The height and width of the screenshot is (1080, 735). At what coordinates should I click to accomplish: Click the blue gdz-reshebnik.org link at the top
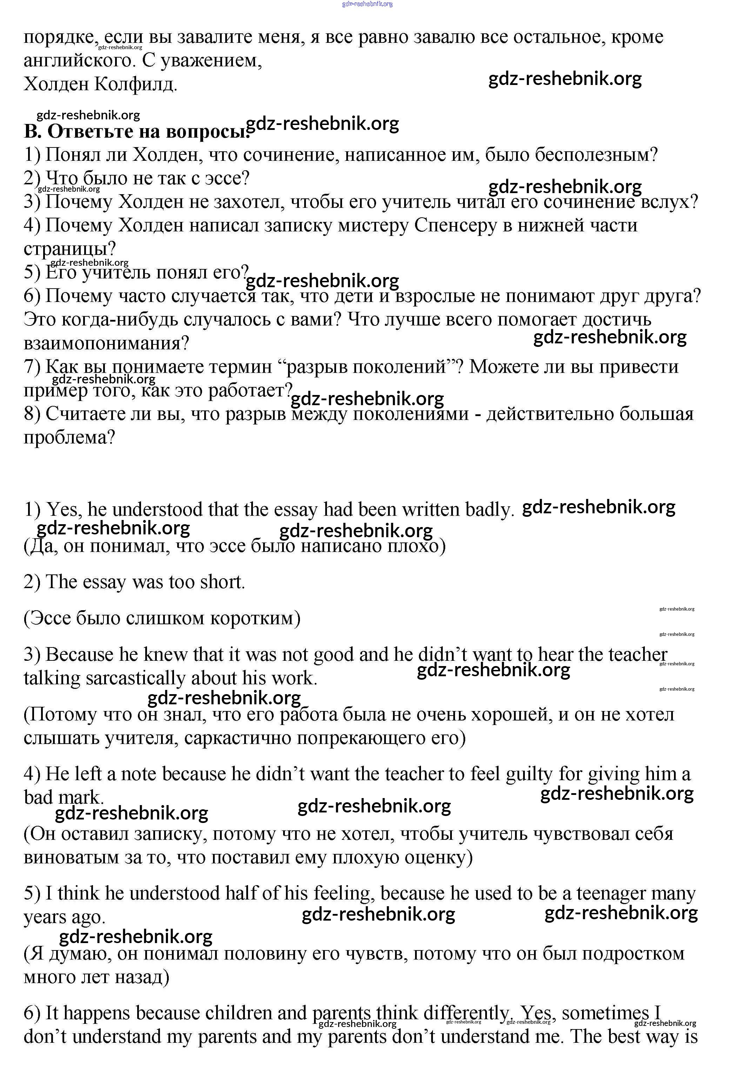click(367, 4)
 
